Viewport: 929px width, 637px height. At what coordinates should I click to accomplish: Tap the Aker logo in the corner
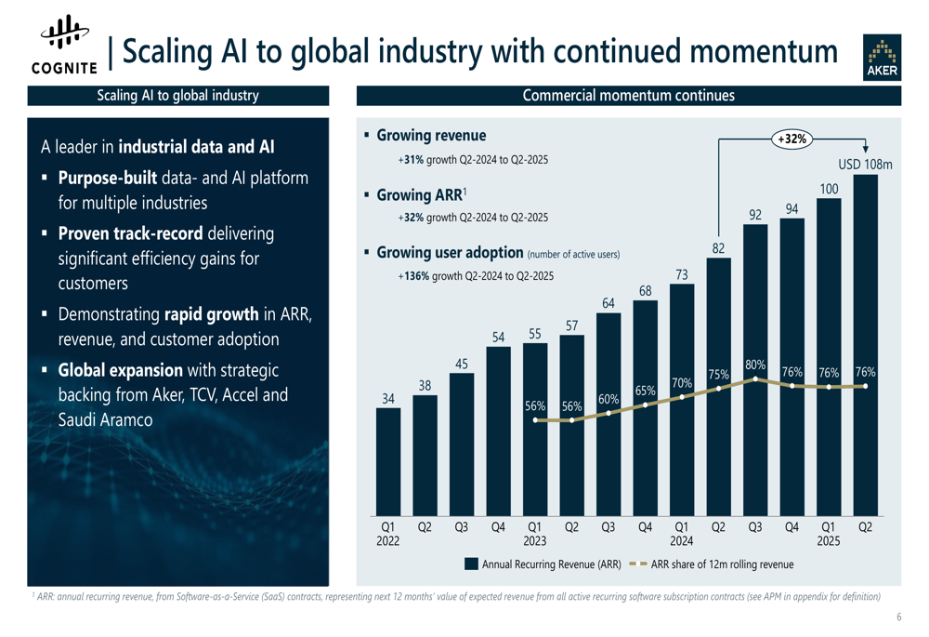pos(882,59)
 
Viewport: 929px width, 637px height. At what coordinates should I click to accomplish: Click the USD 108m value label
pos(865,165)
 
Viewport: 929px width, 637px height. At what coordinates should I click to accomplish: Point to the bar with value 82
pos(718,386)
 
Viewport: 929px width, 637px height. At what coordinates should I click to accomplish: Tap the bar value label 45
pos(461,363)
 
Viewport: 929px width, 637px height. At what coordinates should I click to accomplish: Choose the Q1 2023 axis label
pos(534,533)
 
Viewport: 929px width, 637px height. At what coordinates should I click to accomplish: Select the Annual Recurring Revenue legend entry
pos(543,564)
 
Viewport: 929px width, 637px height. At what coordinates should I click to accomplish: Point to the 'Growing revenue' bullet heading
pos(430,136)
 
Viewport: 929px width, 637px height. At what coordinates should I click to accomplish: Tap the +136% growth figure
pos(414,276)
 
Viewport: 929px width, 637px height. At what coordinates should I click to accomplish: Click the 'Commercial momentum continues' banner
pos(628,96)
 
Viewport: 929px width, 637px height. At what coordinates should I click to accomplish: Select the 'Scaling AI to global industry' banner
pos(177,96)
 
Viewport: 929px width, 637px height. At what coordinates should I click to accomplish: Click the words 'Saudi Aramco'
pos(105,419)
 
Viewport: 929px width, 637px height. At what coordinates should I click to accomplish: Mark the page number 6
pos(899,617)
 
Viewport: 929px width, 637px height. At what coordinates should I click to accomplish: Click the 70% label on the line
pos(681,382)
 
